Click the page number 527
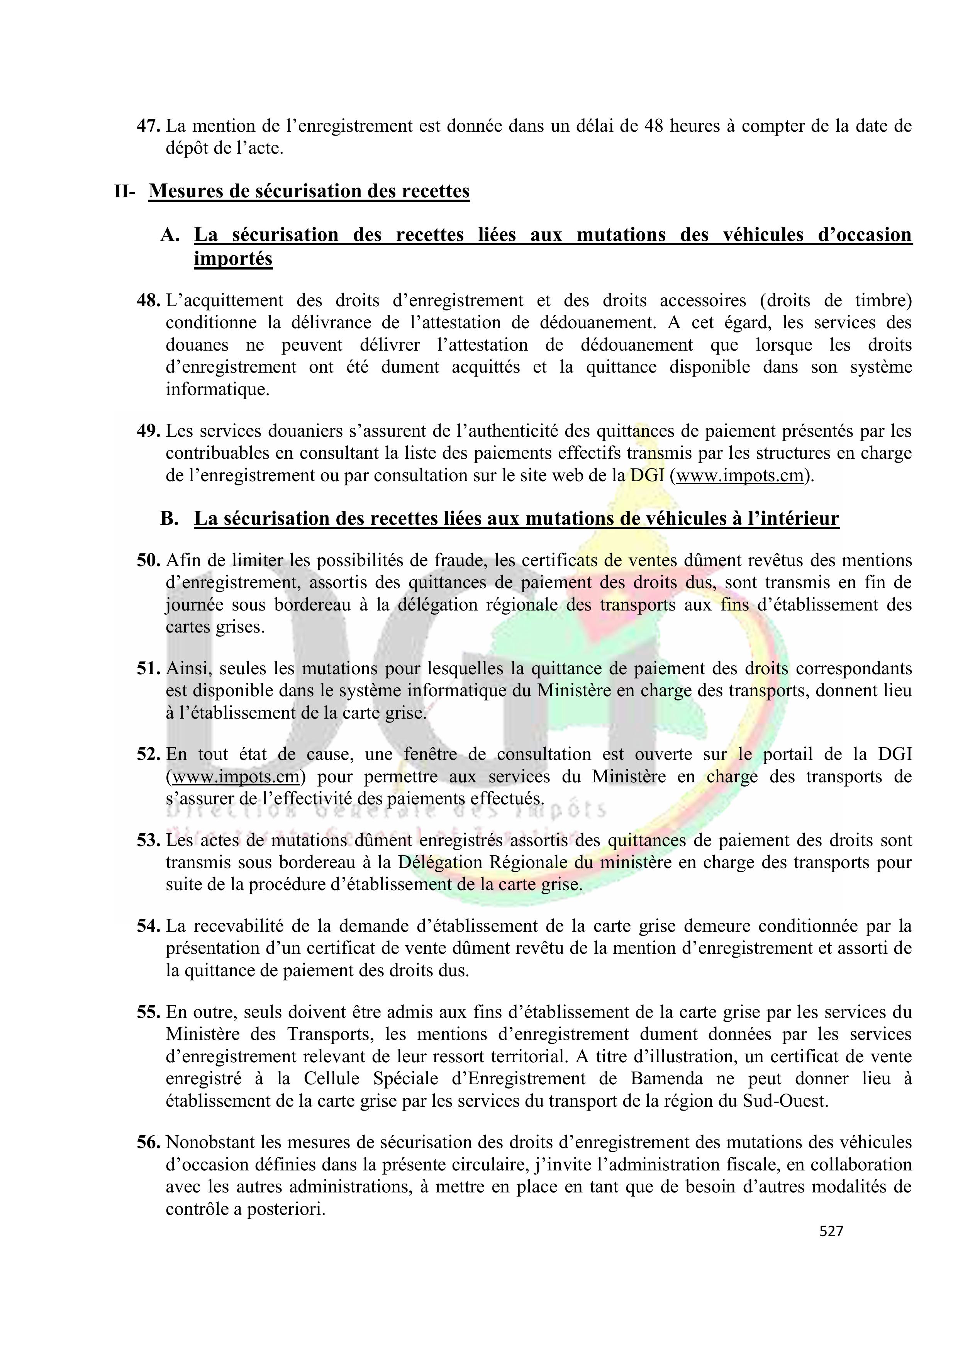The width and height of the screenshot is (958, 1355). click(831, 1231)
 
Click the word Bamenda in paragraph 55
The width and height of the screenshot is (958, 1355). click(667, 1079)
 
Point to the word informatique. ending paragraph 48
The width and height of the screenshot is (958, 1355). click(217, 390)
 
